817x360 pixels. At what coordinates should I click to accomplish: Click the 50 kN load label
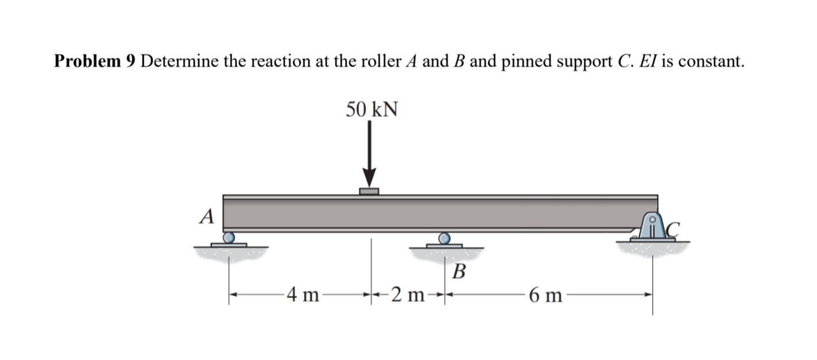(x=371, y=109)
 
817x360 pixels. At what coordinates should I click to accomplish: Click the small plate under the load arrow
(x=369, y=191)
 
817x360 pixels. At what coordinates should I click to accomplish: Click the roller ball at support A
(x=229, y=237)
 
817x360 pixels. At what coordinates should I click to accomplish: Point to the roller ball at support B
(x=444, y=238)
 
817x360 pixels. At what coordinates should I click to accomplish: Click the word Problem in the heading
(x=86, y=61)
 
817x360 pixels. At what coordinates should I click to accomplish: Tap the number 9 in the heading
(x=130, y=61)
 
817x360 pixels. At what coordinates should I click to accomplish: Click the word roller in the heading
(x=379, y=61)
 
